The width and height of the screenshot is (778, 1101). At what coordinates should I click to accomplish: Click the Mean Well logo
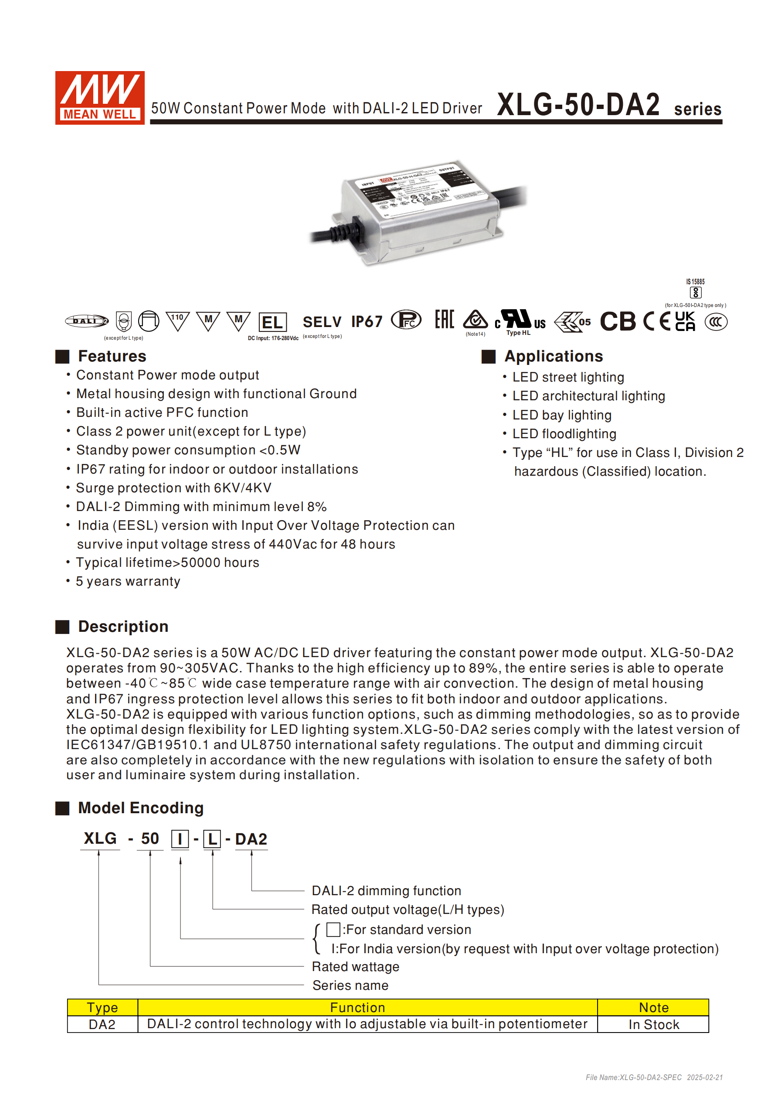click(x=100, y=98)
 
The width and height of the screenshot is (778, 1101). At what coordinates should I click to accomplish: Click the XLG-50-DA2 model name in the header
click(x=578, y=105)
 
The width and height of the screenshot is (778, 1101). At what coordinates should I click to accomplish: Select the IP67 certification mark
click(x=367, y=321)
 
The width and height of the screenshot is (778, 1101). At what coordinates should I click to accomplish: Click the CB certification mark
click(x=618, y=321)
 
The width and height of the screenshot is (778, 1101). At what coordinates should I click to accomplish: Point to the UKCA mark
click(x=685, y=321)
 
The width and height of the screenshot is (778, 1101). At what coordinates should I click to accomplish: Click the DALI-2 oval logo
click(x=87, y=321)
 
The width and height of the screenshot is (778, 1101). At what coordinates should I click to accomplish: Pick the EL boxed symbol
click(x=272, y=322)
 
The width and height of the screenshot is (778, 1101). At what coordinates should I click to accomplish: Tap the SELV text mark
click(x=322, y=322)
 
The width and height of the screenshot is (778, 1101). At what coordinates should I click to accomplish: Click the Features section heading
click(x=112, y=356)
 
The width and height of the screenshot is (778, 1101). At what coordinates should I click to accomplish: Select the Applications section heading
click(x=553, y=356)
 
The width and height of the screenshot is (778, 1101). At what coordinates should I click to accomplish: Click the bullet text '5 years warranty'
click(x=128, y=581)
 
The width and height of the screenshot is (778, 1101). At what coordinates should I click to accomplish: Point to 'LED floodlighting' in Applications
click(x=564, y=434)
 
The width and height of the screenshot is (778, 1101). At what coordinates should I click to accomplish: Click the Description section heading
click(x=123, y=627)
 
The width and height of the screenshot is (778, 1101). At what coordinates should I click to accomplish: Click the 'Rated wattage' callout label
click(x=355, y=967)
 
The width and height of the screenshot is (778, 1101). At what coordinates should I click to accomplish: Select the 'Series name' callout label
click(x=350, y=985)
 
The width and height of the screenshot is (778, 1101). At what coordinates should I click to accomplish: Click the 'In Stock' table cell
click(x=653, y=1025)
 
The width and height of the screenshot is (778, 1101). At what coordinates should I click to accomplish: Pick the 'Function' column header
click(x=357, y=1008)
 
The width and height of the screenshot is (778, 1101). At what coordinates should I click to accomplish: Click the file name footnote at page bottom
click(x=654, y=1077)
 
